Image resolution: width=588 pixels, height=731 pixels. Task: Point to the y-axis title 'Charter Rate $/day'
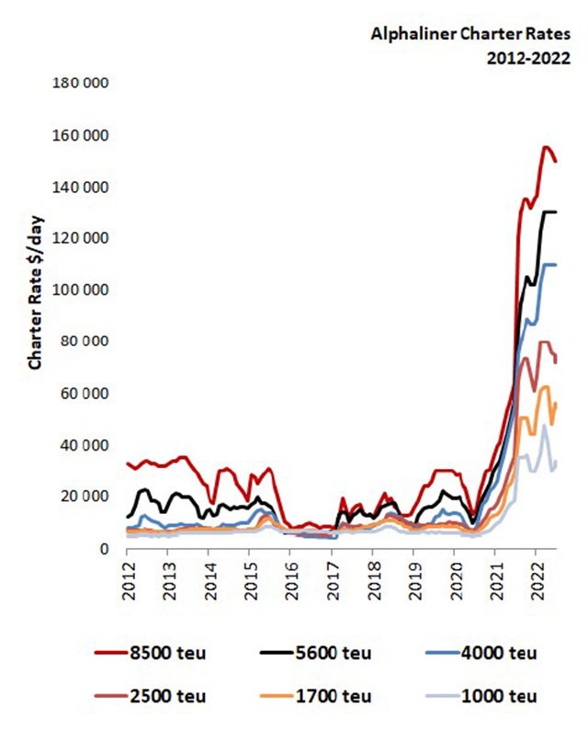[37, 298]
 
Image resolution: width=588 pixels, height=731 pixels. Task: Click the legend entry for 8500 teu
[152, 653]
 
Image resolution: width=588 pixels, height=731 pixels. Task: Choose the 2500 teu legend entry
[152, 695]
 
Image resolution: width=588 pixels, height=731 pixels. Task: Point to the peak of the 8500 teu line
[546, 147]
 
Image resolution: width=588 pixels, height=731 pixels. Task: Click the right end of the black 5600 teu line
[556, 212]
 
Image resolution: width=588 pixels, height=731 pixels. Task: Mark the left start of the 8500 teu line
[127, 463]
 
